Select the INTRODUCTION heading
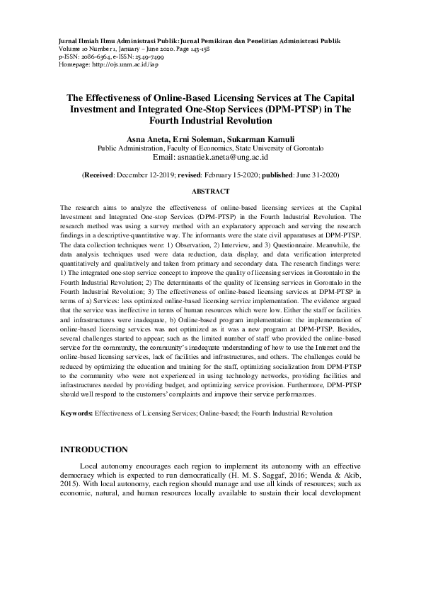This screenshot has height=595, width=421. pyautogui.click(x=94, y=449)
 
